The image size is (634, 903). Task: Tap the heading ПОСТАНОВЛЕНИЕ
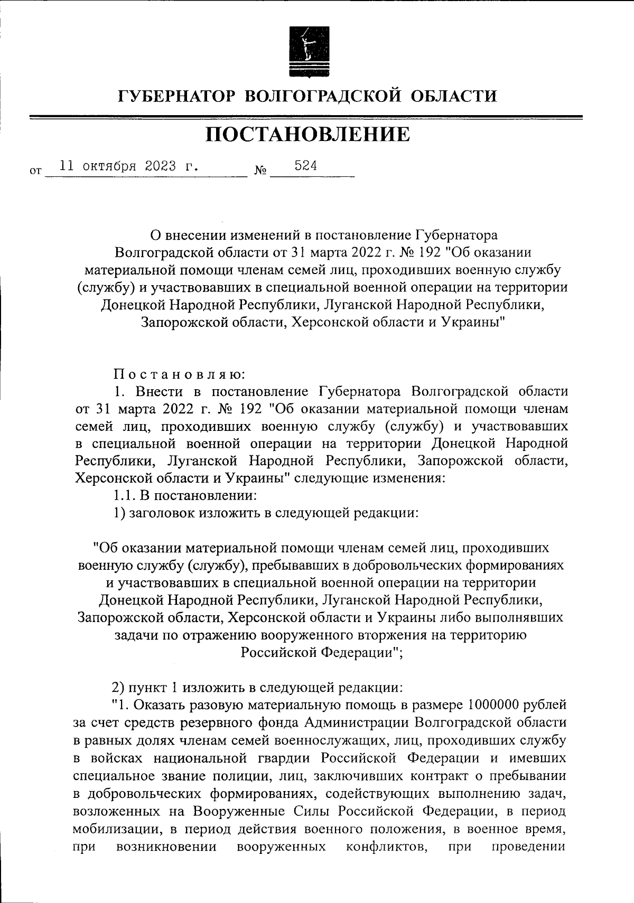307,135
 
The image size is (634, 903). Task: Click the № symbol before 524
260,171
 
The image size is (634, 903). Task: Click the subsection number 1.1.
124,495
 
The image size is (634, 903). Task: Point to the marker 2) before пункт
118,688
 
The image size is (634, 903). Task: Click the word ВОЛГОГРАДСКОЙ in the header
322,96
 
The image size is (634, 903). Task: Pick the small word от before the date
35,171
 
